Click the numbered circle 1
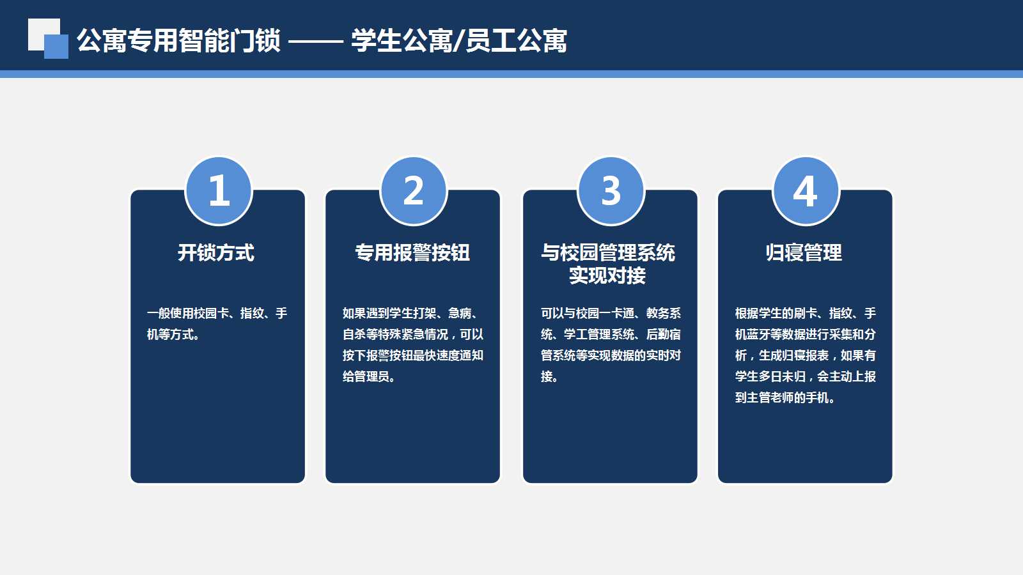[x=219, y=191]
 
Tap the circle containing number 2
[x=414, y=191]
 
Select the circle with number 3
[x=611, y=191]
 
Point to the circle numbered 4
[x=806, y=191]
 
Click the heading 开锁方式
[x=216, y=252]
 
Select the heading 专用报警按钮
[x=412, y=252]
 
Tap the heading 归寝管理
[x=804, y=252]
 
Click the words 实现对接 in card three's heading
[x=607, y=275]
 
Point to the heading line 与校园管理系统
[x=608, y=252]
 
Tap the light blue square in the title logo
[x=56, y=47]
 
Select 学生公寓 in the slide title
[x=400, y=41]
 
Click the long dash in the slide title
[x=316, y=42]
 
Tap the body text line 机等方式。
[x=173, y=335]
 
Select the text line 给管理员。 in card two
[x=369, y=376]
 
